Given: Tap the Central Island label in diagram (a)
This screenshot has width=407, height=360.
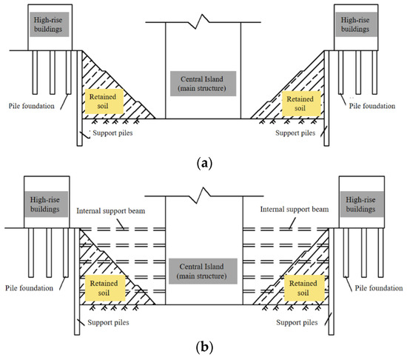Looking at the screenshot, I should click(203, 84).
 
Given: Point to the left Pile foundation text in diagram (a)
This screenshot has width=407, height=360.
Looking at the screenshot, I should click(30, 106).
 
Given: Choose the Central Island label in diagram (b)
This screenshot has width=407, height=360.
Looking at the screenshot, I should click(203, 270).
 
